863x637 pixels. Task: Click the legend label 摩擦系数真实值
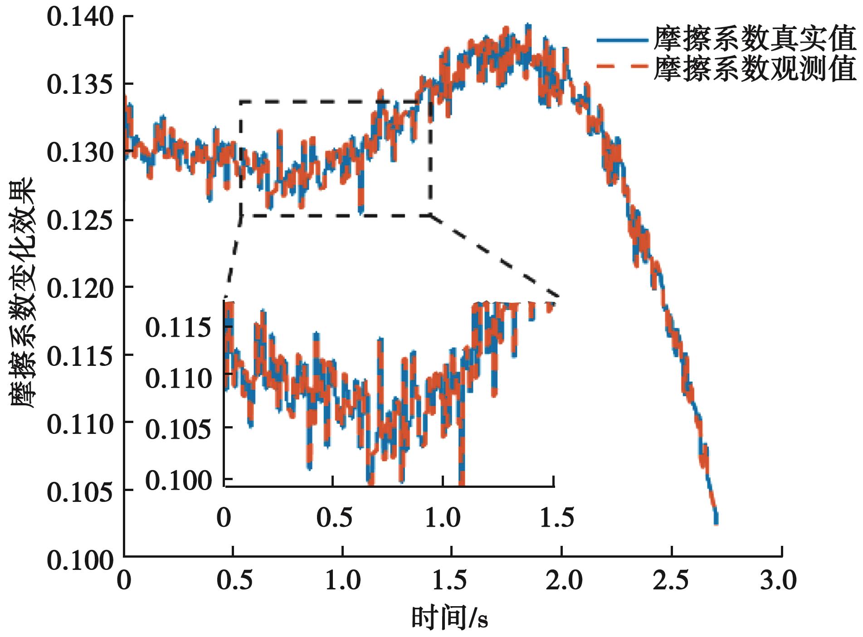[x=755, y=40]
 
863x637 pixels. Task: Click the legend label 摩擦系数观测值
[x=755, y=69]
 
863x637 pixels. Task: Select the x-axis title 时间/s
[x=449, y=618]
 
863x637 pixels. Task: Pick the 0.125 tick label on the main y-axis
[x=80, y=221]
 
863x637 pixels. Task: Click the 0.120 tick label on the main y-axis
[x=80, y=288]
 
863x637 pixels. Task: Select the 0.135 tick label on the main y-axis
[x=80, y=85]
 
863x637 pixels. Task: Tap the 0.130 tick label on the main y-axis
[x=80, y=153]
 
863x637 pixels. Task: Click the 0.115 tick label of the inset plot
[x=178, y=327]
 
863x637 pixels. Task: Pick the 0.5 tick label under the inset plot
[x=334, y=517]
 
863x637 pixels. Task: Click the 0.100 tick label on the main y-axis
[x=80, y=560]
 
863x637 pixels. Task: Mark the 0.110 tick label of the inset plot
[x=178, y=378]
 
